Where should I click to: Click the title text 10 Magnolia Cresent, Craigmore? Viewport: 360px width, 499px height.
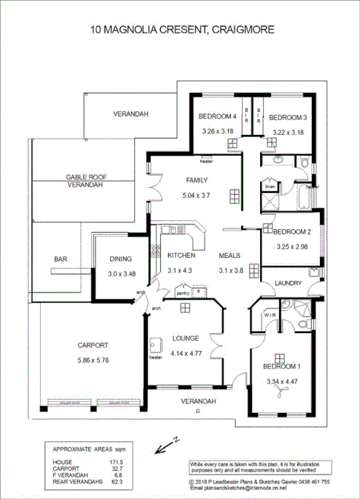click(x=181, y=30)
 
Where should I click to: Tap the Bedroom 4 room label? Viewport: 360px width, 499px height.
click(x=218, y=117)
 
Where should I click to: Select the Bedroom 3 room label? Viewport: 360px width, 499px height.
click(x=287, y=117)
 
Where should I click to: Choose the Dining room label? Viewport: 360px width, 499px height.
click(x=120, y=260)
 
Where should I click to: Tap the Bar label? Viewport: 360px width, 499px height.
click(x=61, y=260)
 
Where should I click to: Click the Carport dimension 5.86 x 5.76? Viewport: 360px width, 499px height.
click(x=93, y=360)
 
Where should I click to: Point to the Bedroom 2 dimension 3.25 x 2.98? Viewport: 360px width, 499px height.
click(x=292, y=246)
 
